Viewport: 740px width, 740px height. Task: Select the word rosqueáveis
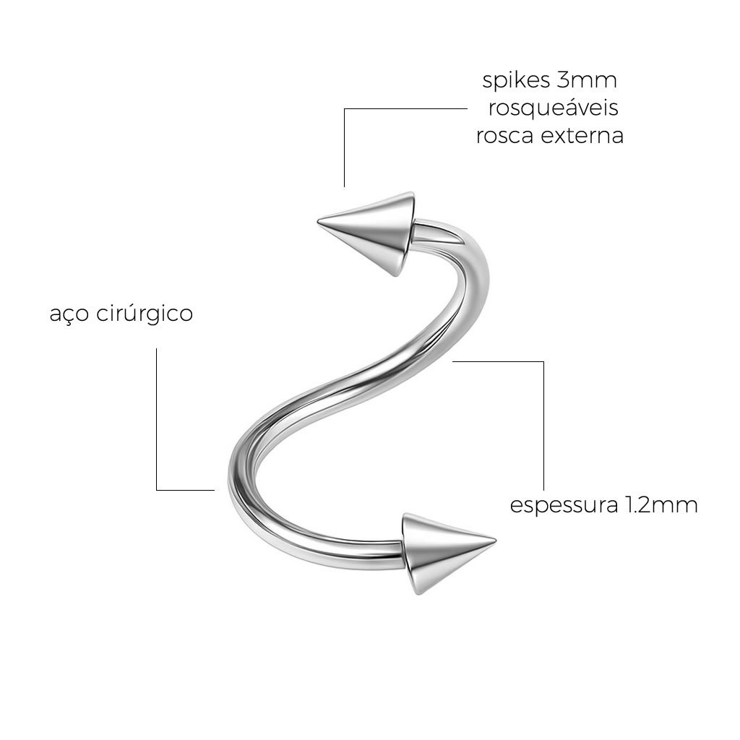coord(553,108)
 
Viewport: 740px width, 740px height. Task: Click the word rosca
coord(504,136)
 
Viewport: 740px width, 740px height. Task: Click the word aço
coord(69,315)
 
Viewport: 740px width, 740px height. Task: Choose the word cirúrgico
coord(145,314)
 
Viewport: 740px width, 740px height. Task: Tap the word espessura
coord(564,506)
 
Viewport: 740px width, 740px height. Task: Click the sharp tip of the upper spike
coord(318,221)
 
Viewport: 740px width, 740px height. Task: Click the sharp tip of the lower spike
coord(496,539)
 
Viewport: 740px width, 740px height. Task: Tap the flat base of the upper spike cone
coord(407,235)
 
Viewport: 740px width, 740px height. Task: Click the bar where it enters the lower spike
coord(394,554)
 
